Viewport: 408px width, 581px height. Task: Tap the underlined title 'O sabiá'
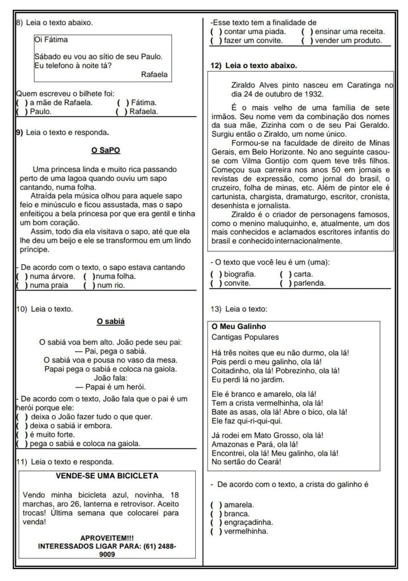110,321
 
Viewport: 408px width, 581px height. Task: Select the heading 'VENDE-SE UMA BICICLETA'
107,475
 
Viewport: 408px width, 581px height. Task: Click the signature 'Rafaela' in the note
153,73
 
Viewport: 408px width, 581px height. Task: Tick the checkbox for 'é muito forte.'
21,434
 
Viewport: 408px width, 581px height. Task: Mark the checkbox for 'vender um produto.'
306,41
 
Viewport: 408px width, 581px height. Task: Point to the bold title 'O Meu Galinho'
238,326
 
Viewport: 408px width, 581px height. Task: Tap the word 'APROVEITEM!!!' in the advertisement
107,537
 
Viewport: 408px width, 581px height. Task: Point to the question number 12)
216,66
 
